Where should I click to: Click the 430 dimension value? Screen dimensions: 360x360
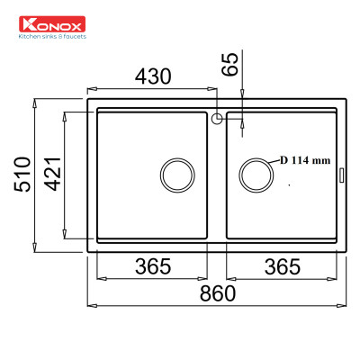coord(152,77)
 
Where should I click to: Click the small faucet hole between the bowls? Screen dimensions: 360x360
coord(217,117)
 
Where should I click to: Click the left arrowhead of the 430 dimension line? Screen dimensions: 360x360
coord(90,89)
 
